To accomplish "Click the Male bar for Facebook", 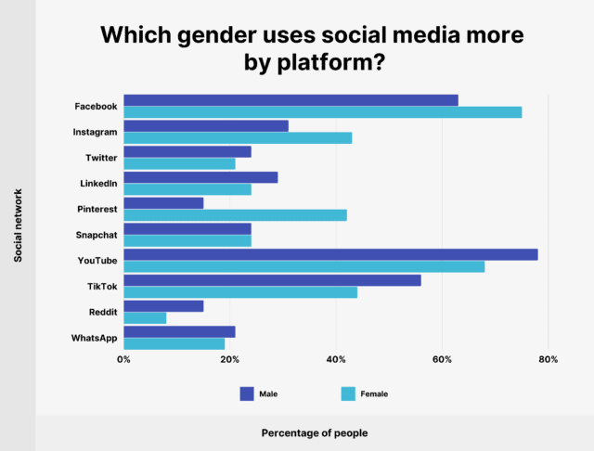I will pos(291,100).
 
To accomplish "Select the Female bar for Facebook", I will pos(322,112).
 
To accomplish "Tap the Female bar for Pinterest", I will pos(235,215).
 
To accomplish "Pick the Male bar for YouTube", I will pos(330,254).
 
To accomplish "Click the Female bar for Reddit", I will pos(145,317).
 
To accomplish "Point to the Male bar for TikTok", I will pos(272,280).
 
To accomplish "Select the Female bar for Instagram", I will pos(238,138).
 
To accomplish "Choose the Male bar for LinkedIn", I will pos(200,177).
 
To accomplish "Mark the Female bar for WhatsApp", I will pos(174,343).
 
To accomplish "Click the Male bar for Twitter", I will pos(187,151).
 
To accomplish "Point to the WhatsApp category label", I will pos(94,338).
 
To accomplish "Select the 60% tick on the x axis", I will pos(442,359).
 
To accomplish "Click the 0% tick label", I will pos(123,359).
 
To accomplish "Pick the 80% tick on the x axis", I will pos(548,359).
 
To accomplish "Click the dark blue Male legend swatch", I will pos(247,393).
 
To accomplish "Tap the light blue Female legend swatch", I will pos(348,393).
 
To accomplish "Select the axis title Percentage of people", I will pos(314,432).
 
